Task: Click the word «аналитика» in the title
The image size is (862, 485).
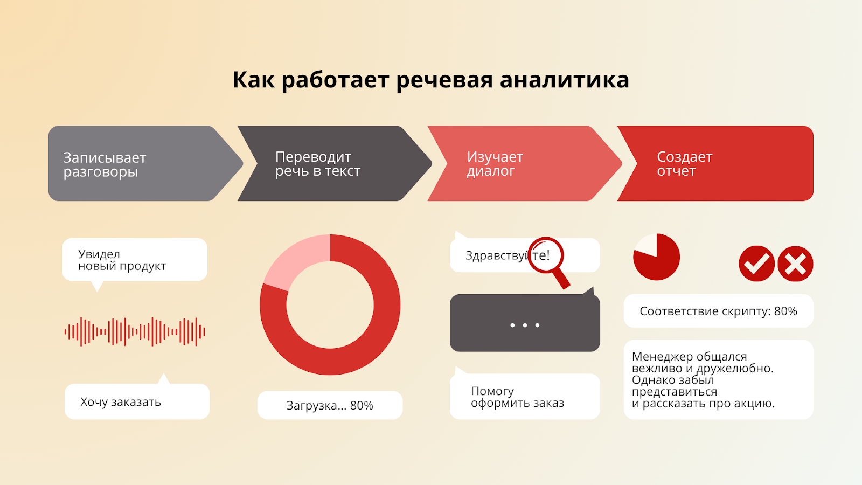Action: tap(564, 80)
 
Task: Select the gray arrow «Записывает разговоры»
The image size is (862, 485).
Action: tap(140, 164)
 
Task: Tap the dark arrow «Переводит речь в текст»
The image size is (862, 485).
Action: tap(329, 164)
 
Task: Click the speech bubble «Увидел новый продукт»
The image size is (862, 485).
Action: tap(134, 260)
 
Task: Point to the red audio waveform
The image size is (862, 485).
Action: tap(135, 331)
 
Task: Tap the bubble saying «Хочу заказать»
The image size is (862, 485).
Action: tap(137, 402)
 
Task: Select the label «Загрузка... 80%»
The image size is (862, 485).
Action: tap(330, 405)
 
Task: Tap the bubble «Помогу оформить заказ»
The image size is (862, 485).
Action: tap(524, 397)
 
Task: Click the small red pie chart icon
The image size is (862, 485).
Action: tap(656, 257)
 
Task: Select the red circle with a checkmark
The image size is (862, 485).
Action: tap(756, 264)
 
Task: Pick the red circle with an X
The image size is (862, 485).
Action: tap(795, 264)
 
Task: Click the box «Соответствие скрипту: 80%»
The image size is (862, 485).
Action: tap(718, 311)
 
